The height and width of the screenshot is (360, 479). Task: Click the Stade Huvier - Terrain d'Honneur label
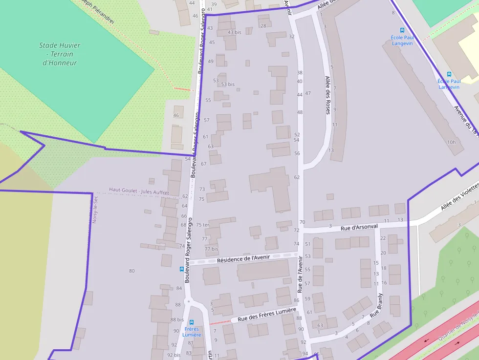tap(60, 54)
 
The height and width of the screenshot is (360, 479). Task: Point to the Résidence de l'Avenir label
tap(243, 258)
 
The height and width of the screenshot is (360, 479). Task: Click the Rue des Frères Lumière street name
tap(267, 315)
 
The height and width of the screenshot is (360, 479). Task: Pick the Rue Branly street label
tap(377, 306)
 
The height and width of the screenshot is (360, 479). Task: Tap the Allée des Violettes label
tap(459, 198)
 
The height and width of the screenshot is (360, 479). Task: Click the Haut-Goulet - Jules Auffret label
tap(139, 191)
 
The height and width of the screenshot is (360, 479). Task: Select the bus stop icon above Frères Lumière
tap(191, 322)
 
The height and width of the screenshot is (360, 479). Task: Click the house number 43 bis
tap(235, 32)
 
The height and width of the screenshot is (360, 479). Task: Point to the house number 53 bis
tap(228, 84)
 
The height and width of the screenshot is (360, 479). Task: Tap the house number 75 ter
tap(202, 225)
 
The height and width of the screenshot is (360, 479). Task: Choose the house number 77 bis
tap(211, 249)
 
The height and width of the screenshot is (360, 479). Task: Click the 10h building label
tap(451, 142)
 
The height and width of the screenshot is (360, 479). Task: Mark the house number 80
tap(131, 271)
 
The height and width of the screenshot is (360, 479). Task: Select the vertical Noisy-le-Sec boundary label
tap(95, 209)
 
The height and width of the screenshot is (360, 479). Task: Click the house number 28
tap(263, 26)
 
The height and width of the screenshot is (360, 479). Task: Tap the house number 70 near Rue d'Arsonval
tap(302, 222)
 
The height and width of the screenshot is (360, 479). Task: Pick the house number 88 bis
tap(177, 319)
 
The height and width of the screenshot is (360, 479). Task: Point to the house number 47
tap(307, 93)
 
